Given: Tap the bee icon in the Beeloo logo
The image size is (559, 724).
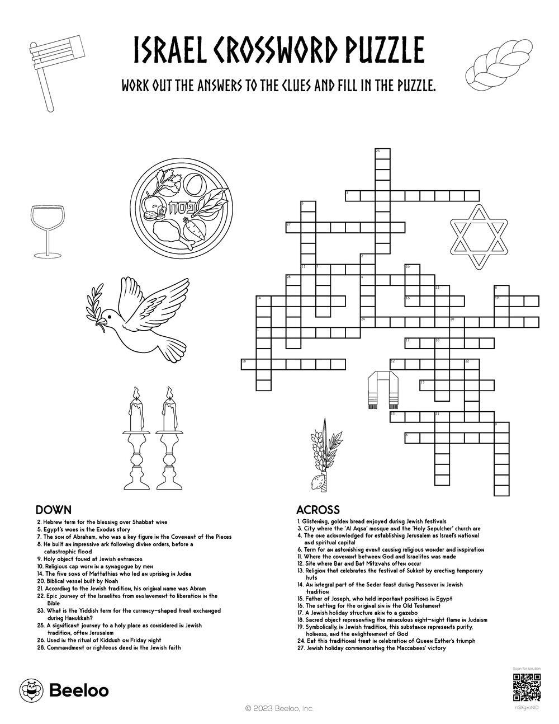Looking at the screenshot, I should click(x=29, y=690).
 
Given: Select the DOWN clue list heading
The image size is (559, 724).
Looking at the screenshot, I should click(x=53, y=510).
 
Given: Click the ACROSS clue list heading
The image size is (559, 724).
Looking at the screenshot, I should click(x=318, y=510).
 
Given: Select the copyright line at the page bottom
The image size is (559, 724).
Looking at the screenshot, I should click(x=279, y=708).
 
